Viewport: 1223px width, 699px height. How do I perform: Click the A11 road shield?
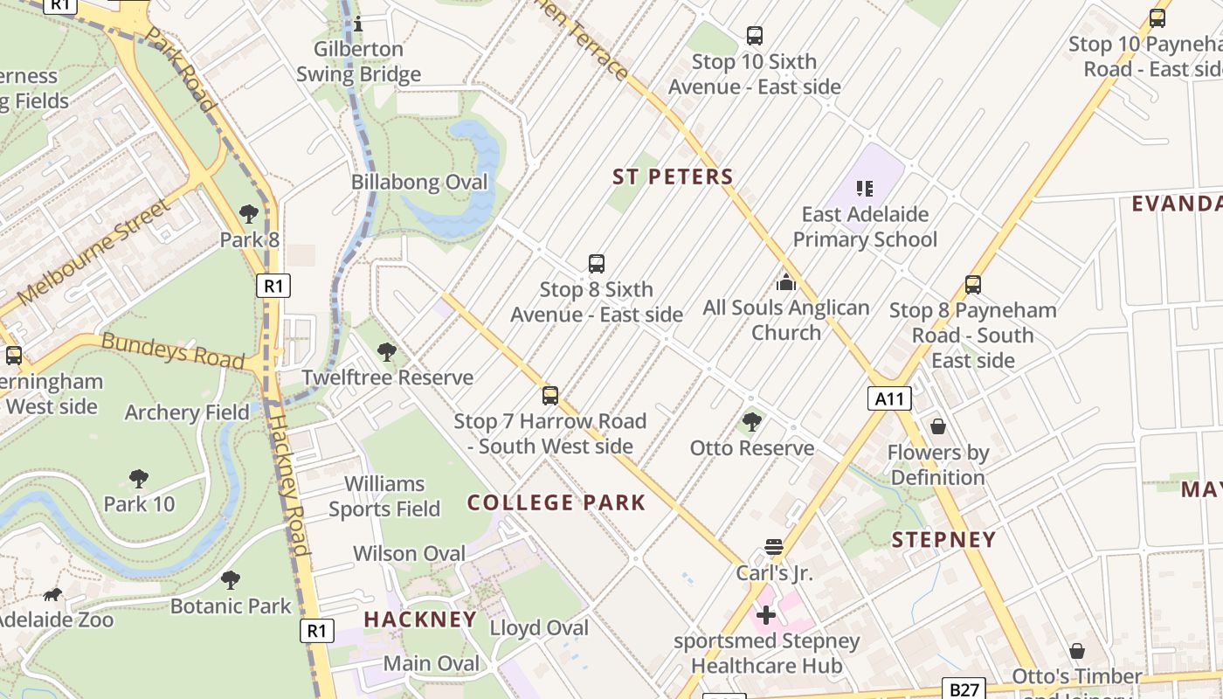[889, 399]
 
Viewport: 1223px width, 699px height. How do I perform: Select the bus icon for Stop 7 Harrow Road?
[550, 396]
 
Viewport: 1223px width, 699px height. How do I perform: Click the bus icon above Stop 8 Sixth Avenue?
[597, 264]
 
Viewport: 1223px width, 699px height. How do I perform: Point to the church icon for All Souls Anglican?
[786, 282]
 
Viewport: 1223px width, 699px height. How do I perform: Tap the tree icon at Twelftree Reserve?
[386, 352]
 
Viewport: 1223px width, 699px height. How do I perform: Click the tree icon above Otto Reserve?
[751, 423]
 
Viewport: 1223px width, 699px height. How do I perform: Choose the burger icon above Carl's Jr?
[773, 548]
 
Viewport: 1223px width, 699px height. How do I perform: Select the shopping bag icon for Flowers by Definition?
[938, 426]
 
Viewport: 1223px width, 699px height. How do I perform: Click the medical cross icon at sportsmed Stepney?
[766, 615]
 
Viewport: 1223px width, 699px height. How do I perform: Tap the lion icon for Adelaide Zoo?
[52, 595]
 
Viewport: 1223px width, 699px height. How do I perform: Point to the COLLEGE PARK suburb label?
[556, 502]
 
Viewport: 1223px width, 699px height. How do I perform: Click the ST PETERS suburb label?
[673, 176]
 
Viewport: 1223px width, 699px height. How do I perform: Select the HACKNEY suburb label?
[420, 619]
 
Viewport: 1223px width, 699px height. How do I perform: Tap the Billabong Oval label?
[419, 183]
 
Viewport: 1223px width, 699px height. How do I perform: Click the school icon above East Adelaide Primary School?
[865, 188]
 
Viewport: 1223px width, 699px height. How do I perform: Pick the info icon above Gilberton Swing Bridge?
[357, 24]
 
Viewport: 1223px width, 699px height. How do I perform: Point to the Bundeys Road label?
[173, 349]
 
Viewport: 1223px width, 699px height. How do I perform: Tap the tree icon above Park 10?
[138, 479]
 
